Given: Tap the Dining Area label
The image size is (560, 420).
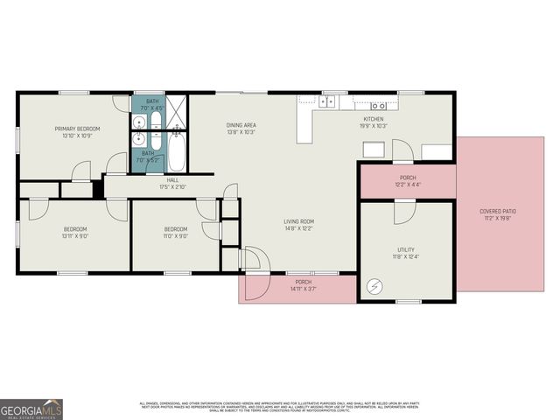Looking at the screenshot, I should point(241,128).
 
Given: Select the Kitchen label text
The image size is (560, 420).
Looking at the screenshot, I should point(374,122).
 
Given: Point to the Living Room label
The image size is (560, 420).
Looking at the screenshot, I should point(298,225).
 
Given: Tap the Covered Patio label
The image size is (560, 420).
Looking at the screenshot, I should point(496,213).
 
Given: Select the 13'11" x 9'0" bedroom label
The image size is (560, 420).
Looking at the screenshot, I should point(75,233).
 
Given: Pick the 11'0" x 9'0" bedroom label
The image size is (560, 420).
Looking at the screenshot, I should point(177,233).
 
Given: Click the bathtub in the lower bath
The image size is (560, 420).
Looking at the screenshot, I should point(175,150).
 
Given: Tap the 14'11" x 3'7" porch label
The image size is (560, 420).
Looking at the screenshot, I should point(303,284).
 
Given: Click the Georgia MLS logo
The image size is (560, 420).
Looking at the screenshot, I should point(31,409).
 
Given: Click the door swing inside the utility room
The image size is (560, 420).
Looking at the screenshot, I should point(404,212).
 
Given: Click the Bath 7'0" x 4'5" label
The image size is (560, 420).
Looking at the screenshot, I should point(152,105).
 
